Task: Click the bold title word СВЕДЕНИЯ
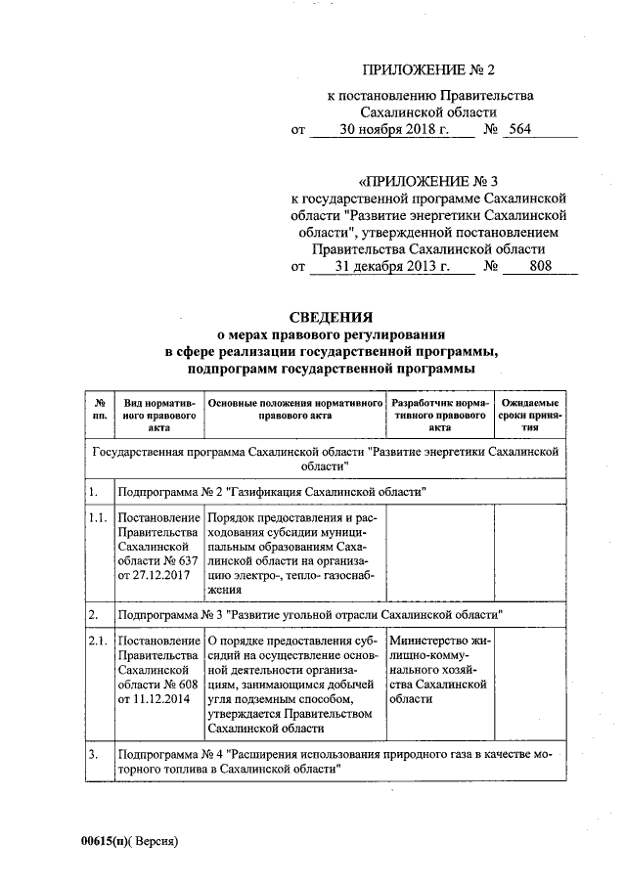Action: (x=332, y=317)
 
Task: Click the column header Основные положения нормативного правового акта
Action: (x=294, y=409)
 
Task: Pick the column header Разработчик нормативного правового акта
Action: (x=439, y=415)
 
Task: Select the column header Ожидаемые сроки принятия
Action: (x=529, y=415)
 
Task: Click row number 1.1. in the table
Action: (x=97, y=516)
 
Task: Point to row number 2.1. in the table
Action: (x=97, y=642)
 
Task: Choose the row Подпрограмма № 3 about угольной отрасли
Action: (x=309, y=615)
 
